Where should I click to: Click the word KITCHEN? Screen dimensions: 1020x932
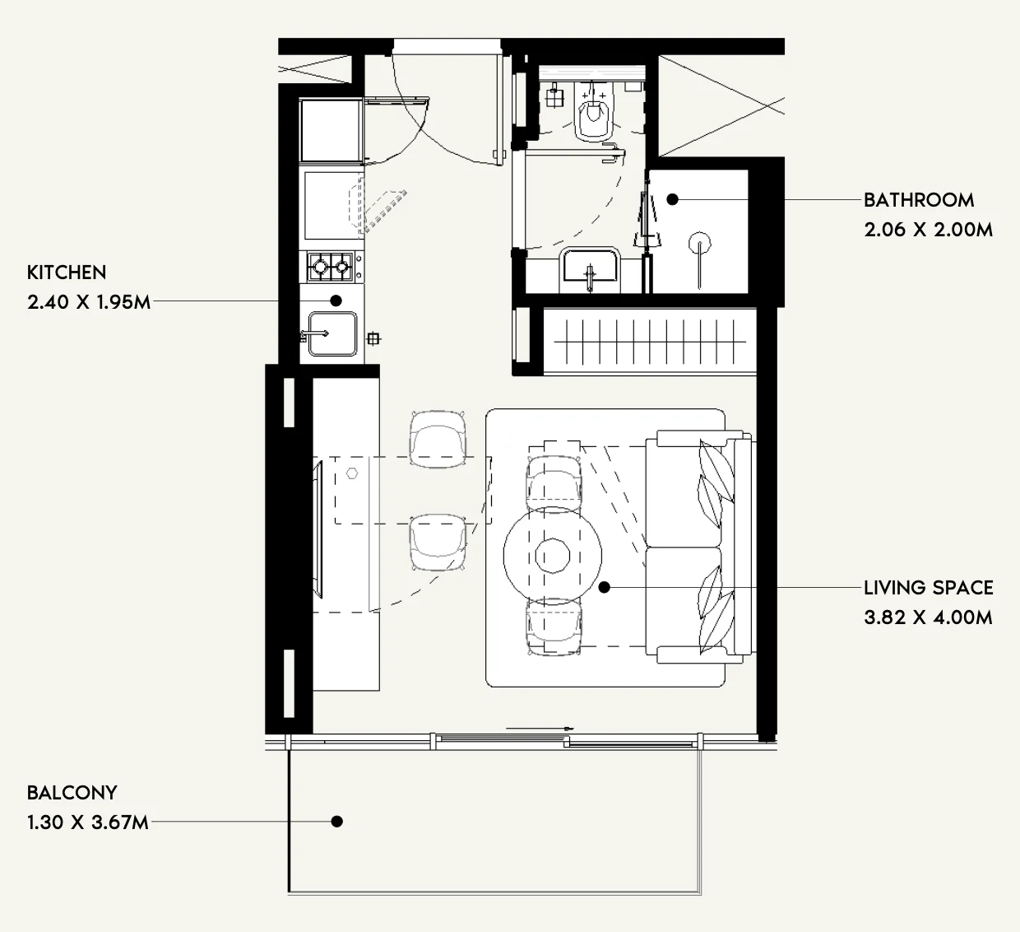pyautogui.click(x=67, y=273)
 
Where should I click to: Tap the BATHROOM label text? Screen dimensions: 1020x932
pyautogui.click(x=919, y=200)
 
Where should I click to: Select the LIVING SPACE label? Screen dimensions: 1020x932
pyautogui.click(x=929, y=588)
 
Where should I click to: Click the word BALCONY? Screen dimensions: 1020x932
pyautogui.click(x=72, y=793)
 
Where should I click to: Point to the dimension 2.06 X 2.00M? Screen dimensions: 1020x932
pyautogui.click(x=929, y=230)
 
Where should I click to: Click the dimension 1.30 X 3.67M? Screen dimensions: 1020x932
pyautogui.click(x=88, y=822)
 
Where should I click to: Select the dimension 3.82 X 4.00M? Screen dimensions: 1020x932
pyautogui.click(x=929, y=618)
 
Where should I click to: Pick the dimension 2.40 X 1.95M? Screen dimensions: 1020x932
pyautogui.click(x=89, y=302)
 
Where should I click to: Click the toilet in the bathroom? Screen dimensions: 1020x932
pyautogui.click(x=593, y=113)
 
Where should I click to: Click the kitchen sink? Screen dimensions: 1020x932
pyautogui.click(x=332, y=334)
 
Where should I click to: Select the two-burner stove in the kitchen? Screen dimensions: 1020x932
pyautogui.click(x=331, y=266)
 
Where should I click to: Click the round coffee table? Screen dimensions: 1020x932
pyautogui.click(x=553, y=556)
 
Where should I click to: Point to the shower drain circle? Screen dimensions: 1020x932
pyautogui.click(x=700, y=244)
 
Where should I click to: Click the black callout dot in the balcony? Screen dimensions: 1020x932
pyautogui.click(x=336, y=822)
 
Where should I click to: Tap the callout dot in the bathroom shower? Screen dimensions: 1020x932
pyautogui.click(x=672, y=199)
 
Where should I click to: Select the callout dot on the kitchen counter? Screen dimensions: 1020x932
pyautogui.click(x=336, y=301)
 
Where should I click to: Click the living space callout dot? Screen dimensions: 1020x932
pyautogui.click(x=604, y=587)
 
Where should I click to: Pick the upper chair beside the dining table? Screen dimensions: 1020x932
pyautogui.click(x=438, y=439)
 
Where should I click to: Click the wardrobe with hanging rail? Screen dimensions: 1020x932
pyautogui.click(x=650, y=341)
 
